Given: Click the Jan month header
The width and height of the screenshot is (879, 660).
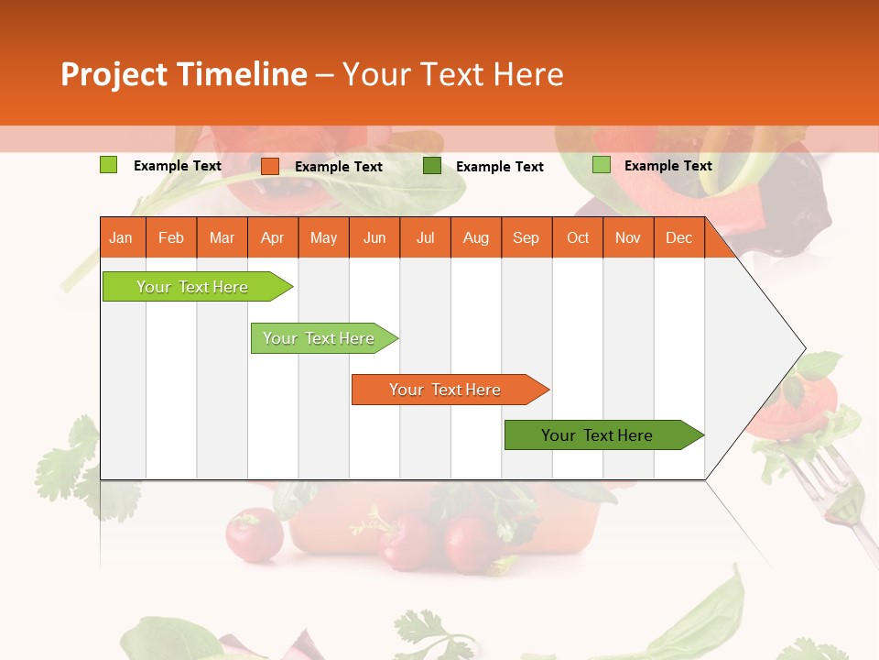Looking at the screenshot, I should click(122, 237).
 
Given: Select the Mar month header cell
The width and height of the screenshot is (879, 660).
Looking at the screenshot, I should click(222, 237).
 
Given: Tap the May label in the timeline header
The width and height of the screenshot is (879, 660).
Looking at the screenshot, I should click(323, 237).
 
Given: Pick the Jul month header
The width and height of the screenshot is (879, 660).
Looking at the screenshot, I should click(425, 237).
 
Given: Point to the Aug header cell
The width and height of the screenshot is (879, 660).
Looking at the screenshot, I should click(476, 237).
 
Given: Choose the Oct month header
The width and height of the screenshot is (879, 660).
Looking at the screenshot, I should click(578, 237).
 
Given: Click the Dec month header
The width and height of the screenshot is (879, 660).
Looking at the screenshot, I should click(678, 237).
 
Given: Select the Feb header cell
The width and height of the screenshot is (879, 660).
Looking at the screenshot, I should click(171, 237).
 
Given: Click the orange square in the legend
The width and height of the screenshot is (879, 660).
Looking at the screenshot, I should click(270, 166).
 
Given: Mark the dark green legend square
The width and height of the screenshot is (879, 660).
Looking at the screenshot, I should click(432, 166).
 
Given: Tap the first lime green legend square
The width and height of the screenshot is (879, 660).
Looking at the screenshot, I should click(109, 165).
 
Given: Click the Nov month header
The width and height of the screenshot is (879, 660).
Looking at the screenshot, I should click(628, 237).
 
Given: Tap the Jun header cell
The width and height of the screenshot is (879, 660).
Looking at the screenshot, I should click(374, 237).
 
